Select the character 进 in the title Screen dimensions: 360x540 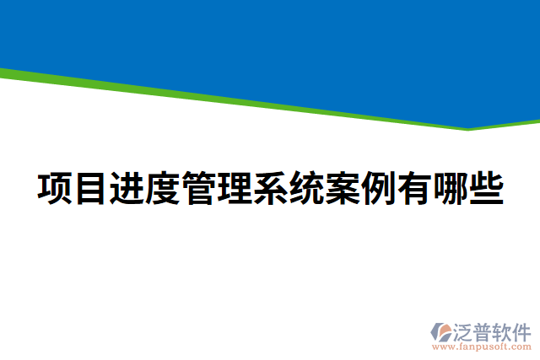tap(127, 188)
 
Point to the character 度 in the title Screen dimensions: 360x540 tap(163, 188)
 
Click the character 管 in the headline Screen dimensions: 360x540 tap(199, 188)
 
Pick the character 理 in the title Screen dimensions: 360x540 tap(235, 188)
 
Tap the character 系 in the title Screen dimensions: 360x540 tap(271, 188)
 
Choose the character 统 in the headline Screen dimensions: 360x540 tap(307, 188)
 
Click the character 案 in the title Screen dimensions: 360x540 tap(343, 188)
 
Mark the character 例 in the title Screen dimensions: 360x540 tap(379, 188)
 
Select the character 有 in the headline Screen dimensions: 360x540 tap(415, 188)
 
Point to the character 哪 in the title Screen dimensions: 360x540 tap(451, 188)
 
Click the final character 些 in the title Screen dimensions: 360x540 tap(487, 188)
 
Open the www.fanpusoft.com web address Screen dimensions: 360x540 tap(482, 346)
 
